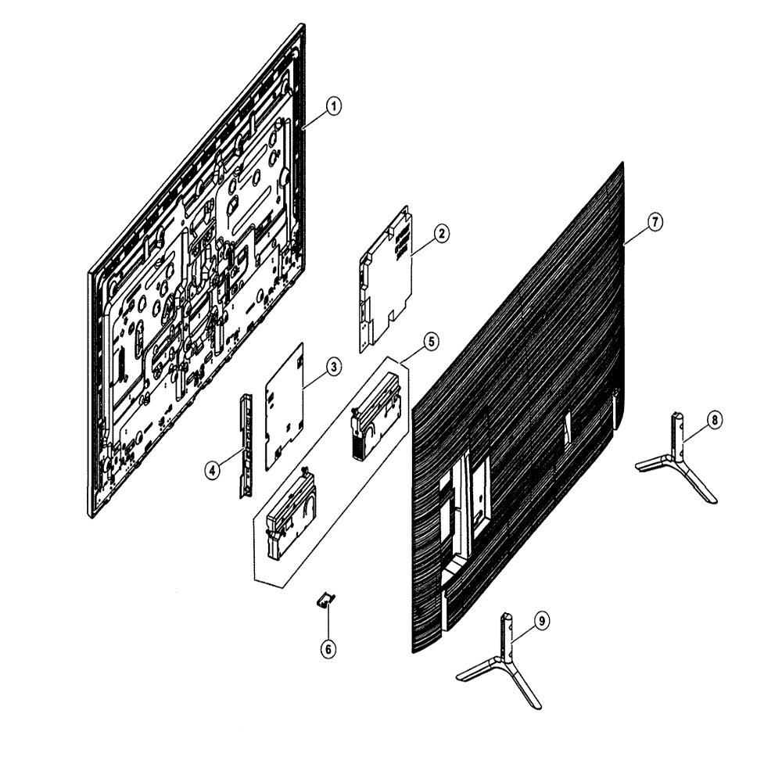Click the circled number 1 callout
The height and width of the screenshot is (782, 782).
click(334, 106)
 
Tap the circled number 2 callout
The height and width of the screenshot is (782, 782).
click(441, 233)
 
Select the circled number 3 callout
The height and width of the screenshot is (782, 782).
click(334, 367)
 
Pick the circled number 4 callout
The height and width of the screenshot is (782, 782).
click(213, 470)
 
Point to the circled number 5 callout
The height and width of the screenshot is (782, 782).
click(431, 342)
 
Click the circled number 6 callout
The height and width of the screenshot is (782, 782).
click(328, 649)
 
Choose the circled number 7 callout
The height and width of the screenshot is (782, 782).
click(655, 221)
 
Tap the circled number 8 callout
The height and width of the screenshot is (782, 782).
click(715, 421)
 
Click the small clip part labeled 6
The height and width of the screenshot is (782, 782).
click(325, 600)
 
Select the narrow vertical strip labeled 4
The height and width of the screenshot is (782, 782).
click(246, 446)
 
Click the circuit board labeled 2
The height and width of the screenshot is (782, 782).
click(386, 279)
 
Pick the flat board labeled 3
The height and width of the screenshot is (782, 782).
click(285, 407)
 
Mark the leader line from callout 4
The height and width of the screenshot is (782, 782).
click(231, 457)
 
